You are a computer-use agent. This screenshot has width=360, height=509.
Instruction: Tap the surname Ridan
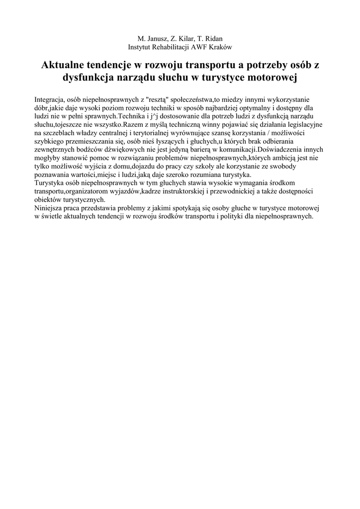(x=212, y=38)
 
